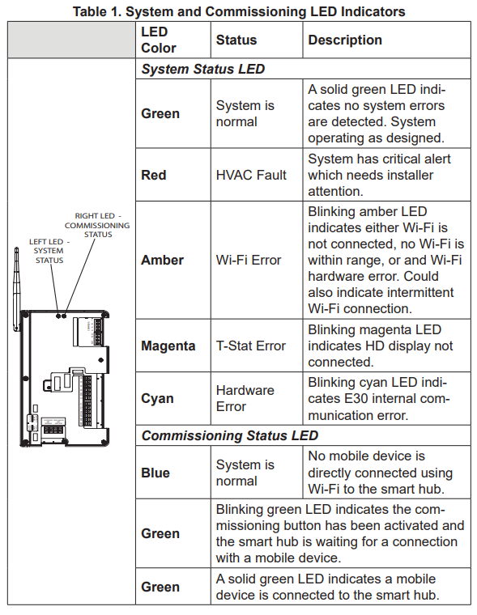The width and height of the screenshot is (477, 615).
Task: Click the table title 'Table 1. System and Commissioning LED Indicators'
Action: (x=239, y=11)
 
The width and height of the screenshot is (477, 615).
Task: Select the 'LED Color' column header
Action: (x=159, y=40)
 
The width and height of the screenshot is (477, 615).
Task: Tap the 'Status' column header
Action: (x=236, y=40)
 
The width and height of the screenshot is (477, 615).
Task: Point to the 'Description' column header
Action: (x=345, y=40)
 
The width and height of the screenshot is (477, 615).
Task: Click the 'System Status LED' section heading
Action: (x=203, y=69)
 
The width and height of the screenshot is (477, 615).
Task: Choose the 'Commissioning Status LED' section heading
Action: (x=230, y=436)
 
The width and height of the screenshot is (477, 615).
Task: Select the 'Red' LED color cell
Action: (x=154, y=175)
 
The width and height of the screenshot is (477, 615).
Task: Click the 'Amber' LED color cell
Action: (x=162, y=260)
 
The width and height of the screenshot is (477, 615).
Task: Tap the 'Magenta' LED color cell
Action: (x=168, y=346)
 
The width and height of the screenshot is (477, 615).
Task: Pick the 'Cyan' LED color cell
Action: (x=156, y=398)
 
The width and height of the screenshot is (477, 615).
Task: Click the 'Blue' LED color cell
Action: (x=155, y=473)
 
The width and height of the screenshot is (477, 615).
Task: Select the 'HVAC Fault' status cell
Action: (x=251, y=175)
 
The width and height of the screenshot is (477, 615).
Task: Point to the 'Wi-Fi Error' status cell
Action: (x=249, y=260)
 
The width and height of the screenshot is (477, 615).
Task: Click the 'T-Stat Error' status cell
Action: (x=251, y=346)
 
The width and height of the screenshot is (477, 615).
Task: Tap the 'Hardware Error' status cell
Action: (x=245, y=398)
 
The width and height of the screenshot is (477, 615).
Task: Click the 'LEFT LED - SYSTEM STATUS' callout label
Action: (x=49, y=251)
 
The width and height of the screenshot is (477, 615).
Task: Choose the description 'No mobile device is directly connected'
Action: (x=380, y=473)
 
